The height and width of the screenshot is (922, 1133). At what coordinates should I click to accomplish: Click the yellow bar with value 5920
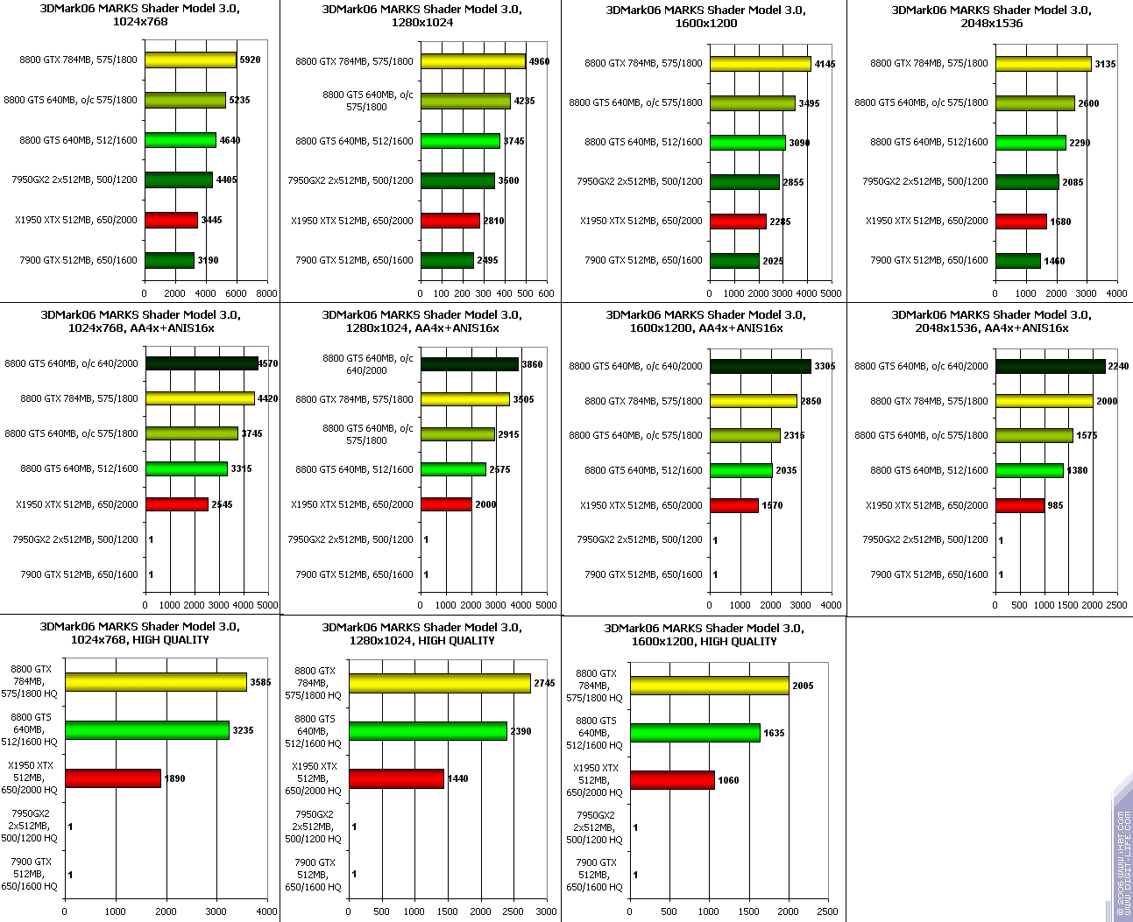point(190,60)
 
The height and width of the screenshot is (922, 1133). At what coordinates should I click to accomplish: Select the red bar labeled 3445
point(171,220)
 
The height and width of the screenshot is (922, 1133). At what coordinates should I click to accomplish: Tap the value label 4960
point(539,61)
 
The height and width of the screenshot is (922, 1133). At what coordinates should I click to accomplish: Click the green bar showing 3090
point(747,143)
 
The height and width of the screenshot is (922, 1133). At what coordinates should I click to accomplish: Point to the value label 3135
point(1105,64)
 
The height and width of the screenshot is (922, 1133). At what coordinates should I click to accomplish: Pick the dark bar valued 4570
point(202,363)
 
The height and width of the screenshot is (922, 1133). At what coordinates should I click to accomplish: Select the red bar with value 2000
point(446,504)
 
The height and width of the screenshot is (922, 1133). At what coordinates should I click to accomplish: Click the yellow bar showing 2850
point(754,401)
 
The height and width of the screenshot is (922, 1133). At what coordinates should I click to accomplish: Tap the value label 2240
point(1118,366)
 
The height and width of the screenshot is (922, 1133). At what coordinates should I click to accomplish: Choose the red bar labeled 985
point(1020,505)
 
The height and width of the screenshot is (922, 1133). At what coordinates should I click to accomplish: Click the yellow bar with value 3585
point(156,682)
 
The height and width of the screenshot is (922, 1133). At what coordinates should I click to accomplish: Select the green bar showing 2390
point(428,731)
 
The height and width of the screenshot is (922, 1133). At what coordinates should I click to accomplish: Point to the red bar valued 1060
point(672,780)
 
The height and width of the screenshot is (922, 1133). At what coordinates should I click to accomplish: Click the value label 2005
point(803,686)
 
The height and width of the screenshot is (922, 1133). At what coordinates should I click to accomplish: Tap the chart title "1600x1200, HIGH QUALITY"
point(704,641)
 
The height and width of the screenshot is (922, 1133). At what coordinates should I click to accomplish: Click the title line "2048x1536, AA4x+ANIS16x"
point(991,327)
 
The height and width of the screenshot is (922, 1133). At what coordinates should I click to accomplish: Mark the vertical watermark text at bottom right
point(1122,862)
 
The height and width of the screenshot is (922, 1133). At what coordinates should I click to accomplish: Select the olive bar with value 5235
point(185,101)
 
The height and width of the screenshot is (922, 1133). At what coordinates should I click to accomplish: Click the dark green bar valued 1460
point(1017,261)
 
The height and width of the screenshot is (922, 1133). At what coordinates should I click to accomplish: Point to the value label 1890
point(174,778)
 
